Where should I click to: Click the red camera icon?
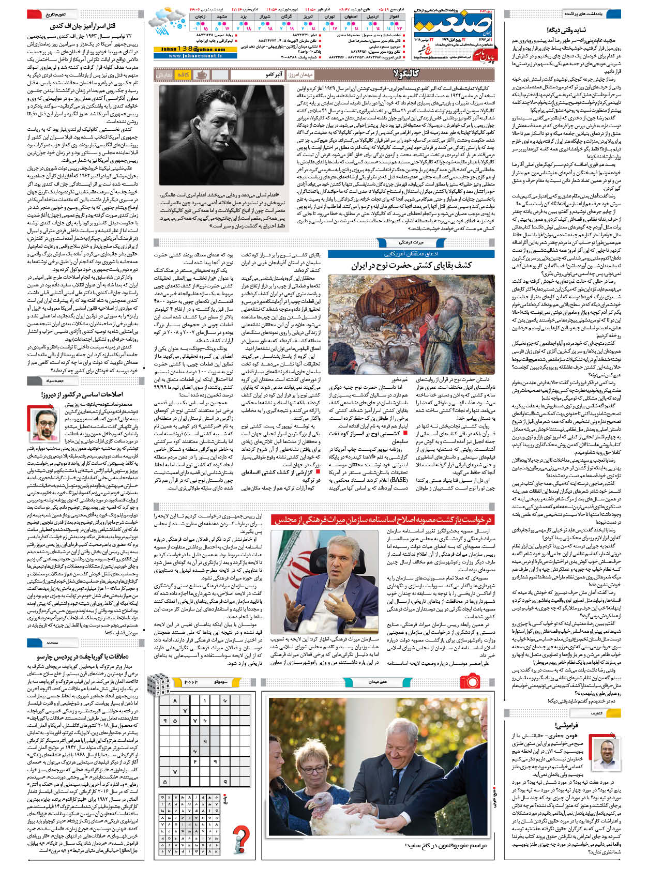[x=470, y=680]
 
